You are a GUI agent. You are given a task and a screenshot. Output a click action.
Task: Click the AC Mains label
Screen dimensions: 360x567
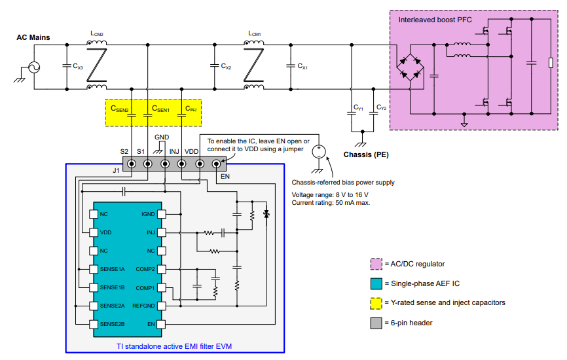pos(33,37)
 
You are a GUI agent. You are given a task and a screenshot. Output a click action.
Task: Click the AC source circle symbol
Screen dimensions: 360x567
pos(30,67)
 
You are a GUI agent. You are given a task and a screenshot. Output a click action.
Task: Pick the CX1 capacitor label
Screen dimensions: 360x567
pos(302,67)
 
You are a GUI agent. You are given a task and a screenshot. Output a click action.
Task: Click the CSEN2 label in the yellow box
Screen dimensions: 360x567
pos(120,109)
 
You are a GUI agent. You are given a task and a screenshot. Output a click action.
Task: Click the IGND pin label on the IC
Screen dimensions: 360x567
pos(148,214)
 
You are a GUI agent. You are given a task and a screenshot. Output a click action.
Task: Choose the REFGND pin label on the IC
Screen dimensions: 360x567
pos(144,306)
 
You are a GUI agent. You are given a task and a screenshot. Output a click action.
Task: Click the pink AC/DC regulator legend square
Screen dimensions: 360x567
pos(376,264)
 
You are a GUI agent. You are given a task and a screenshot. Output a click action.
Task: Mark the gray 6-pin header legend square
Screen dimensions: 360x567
pos(376,321)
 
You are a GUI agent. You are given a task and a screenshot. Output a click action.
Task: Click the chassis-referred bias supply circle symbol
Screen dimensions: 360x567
pos(318,152)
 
